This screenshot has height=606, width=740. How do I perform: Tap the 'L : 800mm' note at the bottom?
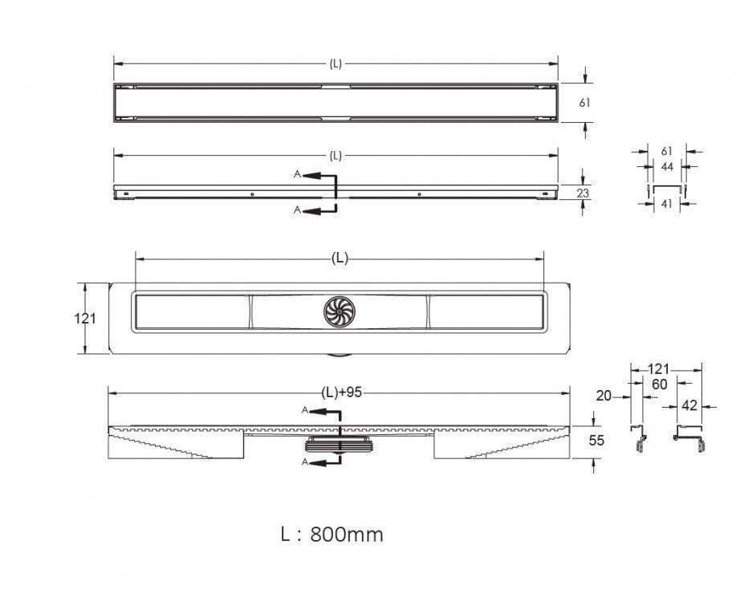pos(331,535)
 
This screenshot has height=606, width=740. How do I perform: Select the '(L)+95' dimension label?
pos(342,392)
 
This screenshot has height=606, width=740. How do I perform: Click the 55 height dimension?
pos(596,441)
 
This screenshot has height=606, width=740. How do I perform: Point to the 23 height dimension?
pos(583,193)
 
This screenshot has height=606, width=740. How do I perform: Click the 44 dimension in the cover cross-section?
pos(667,167)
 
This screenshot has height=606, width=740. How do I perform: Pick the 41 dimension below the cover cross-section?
pos(666,203)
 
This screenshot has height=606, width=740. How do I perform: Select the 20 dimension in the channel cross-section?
pos(604,396)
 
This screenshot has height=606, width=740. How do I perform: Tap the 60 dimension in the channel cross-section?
pos(659,384)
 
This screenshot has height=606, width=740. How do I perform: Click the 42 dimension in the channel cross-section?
pos(689,405)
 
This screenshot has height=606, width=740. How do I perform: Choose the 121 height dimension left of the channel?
pos(85,319)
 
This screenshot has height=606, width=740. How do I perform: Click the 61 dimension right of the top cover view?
pos(584,103)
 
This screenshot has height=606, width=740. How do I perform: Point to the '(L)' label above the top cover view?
pos(335,64)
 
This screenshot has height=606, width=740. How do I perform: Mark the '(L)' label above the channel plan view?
pos(340,258)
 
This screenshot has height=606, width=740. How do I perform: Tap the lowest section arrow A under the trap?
pos(320,462)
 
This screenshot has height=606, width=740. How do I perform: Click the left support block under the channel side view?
pos(176,446)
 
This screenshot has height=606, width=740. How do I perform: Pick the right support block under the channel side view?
pos(502,446)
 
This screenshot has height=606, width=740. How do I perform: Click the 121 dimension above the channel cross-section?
pos(658,369)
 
